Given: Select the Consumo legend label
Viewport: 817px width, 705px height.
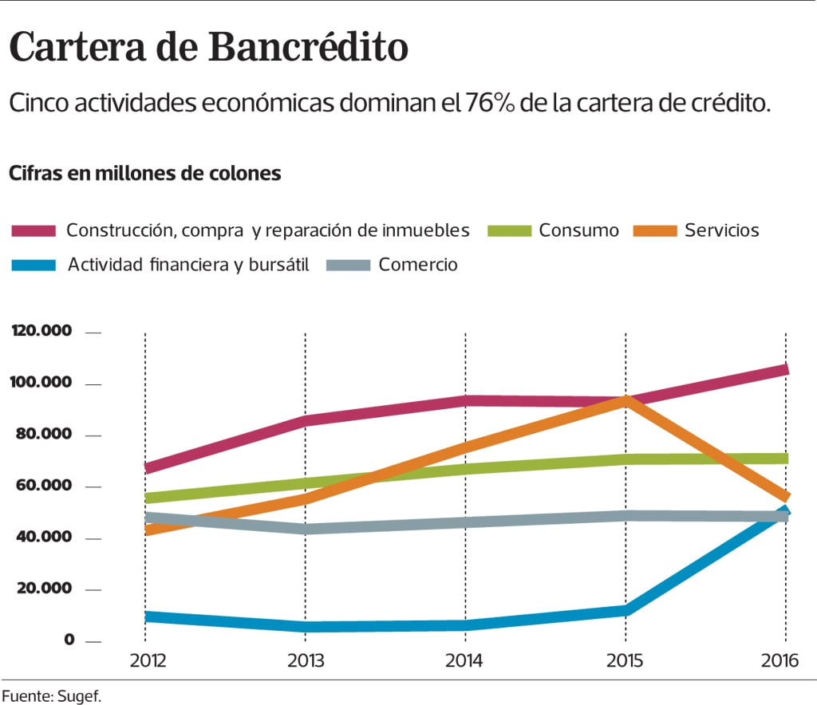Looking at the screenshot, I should pos(578,230).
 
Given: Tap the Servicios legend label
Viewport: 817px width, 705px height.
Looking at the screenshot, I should pos(721,230).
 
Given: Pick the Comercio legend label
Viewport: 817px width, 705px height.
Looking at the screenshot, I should pos(418,265).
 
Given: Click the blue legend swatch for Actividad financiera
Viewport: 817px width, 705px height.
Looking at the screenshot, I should pos(34,265).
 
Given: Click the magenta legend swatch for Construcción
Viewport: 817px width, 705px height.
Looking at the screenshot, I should pos(34,230).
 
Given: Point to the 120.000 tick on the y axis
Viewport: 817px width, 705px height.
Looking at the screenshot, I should pos(41,331).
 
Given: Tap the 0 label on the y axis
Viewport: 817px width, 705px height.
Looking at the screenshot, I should pos(69,640).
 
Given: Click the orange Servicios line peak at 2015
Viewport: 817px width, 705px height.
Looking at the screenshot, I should pos(627,400).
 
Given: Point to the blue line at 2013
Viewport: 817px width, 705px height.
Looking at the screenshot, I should pos(306,626).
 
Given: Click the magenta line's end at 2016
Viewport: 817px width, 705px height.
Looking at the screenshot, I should pos(785,370).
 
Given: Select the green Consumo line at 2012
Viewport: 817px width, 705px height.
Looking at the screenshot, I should pos(145,498).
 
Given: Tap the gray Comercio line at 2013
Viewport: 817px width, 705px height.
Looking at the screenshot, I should pos(306,528).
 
